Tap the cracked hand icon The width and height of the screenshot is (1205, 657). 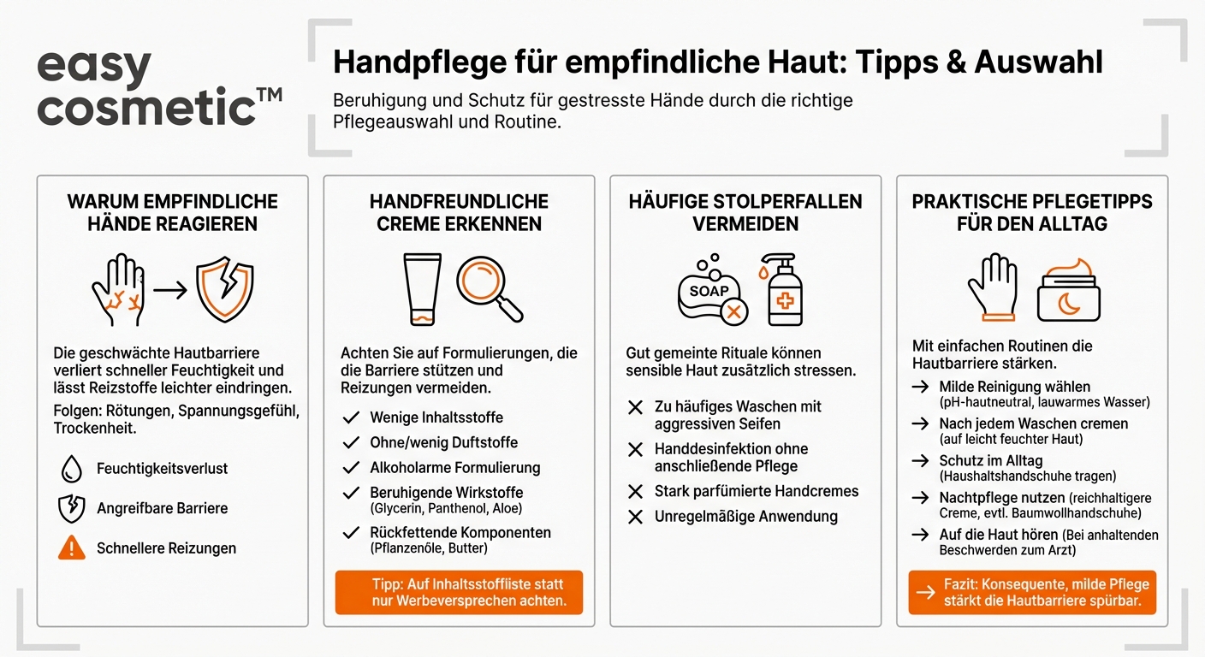point(117,289)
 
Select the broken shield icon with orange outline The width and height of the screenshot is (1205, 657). point(224,289)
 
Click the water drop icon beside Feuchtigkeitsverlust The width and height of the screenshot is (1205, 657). point(71,469)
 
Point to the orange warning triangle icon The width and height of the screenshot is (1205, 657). point(71,547)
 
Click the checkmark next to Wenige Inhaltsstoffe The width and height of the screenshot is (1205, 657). point(350,417)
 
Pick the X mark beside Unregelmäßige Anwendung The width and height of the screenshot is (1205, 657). point(635,517)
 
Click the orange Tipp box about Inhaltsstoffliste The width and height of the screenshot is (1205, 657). point(459,592)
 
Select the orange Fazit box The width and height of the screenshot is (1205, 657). point(1031,592)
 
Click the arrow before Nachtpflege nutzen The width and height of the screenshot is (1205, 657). point(921,498)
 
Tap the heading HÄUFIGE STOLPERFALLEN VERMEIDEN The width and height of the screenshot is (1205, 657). point(745,212)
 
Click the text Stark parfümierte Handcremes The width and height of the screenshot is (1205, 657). point(756,491)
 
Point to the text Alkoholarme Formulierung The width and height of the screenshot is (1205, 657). point(454,468)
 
